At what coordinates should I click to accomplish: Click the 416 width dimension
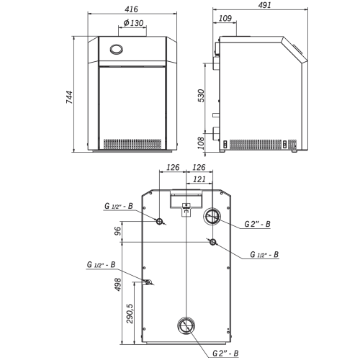(x=131, y=9)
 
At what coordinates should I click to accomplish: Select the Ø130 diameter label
(x=133, y=23)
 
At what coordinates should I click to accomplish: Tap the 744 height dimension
(x=69, y=97)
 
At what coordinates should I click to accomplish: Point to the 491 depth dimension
(x=264, y=5)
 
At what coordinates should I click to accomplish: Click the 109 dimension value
(x=225, y=18)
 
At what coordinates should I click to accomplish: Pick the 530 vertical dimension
(x=201, y=96)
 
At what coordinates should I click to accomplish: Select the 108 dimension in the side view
(x=201, y=143)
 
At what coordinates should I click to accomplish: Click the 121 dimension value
(x=199, y=179)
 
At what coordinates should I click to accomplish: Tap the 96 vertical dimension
(x=117, y=231)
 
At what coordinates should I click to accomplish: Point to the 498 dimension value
(x=118, y=284)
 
